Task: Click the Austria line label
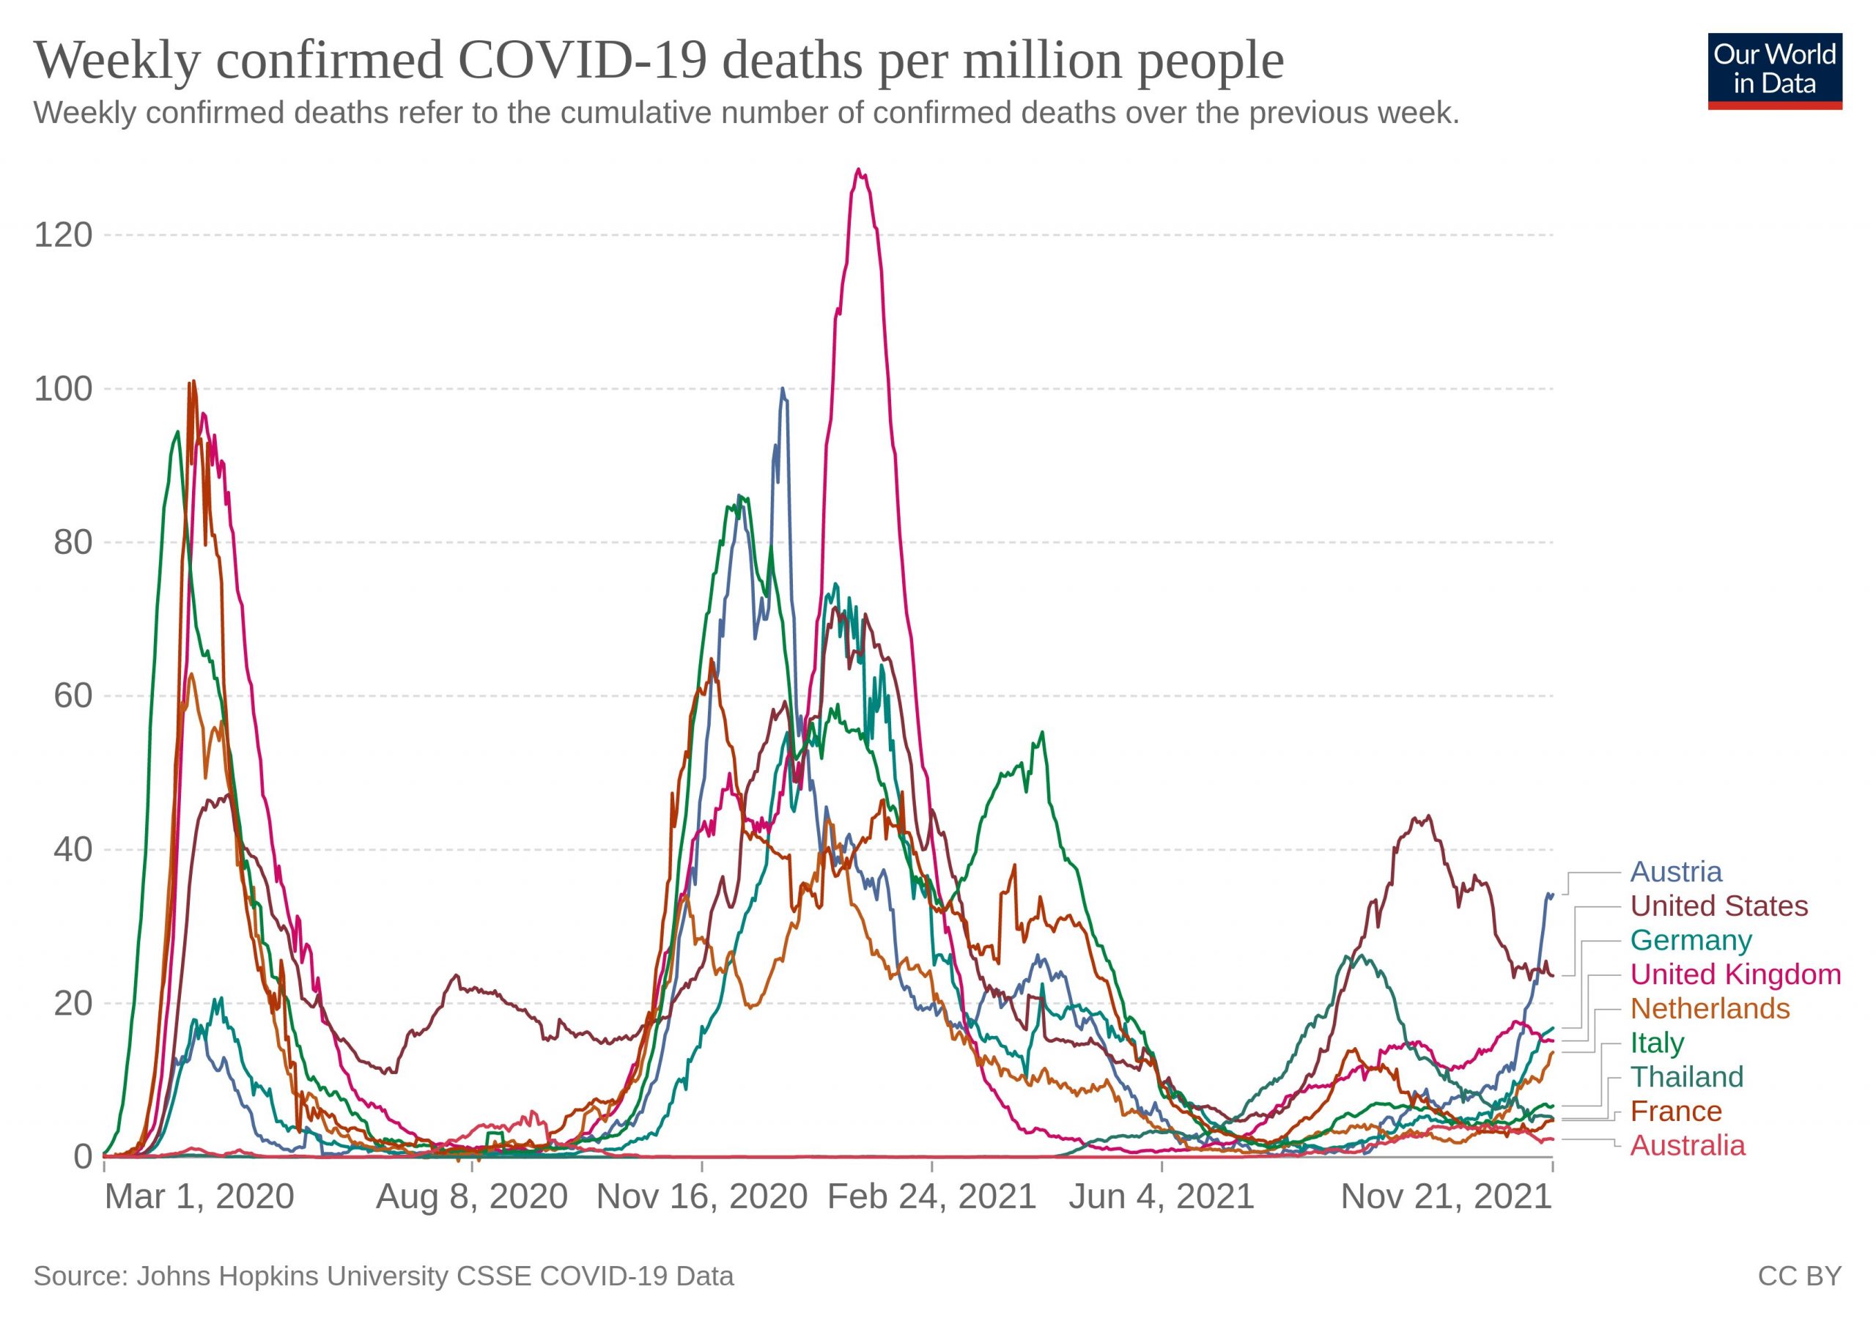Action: coord(1676,873)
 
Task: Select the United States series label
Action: coord(1719,906)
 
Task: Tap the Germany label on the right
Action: coord(1691,941)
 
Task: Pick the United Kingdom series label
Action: coord(1735,974)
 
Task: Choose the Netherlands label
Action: coord(1710,1009)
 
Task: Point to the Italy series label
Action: coord(1657,1043)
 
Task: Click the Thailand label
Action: coord(1686,1077)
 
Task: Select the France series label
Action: coord(1676,1112)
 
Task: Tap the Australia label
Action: coord(1687,1146)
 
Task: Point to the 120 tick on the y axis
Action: coord(63,235)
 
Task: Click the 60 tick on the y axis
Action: coord(73,696)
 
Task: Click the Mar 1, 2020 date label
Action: coord(199,1197)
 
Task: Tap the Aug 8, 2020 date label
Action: coord(471,1197)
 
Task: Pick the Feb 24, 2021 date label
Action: coord(931,1197)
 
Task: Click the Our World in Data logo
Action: coord(1775,71)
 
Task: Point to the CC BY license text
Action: coord(1800,1276)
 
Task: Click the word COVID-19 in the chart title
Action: coord(582,60)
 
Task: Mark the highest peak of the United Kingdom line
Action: coord(858,169)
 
